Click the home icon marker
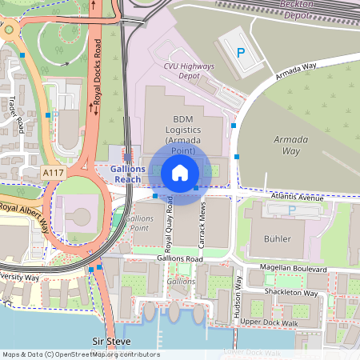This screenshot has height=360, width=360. (180, 172)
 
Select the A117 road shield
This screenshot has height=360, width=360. (54, 172)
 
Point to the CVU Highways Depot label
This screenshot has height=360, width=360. (189, 70)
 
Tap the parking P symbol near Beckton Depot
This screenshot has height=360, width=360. (240, 52)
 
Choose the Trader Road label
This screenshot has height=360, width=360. (14, 116)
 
